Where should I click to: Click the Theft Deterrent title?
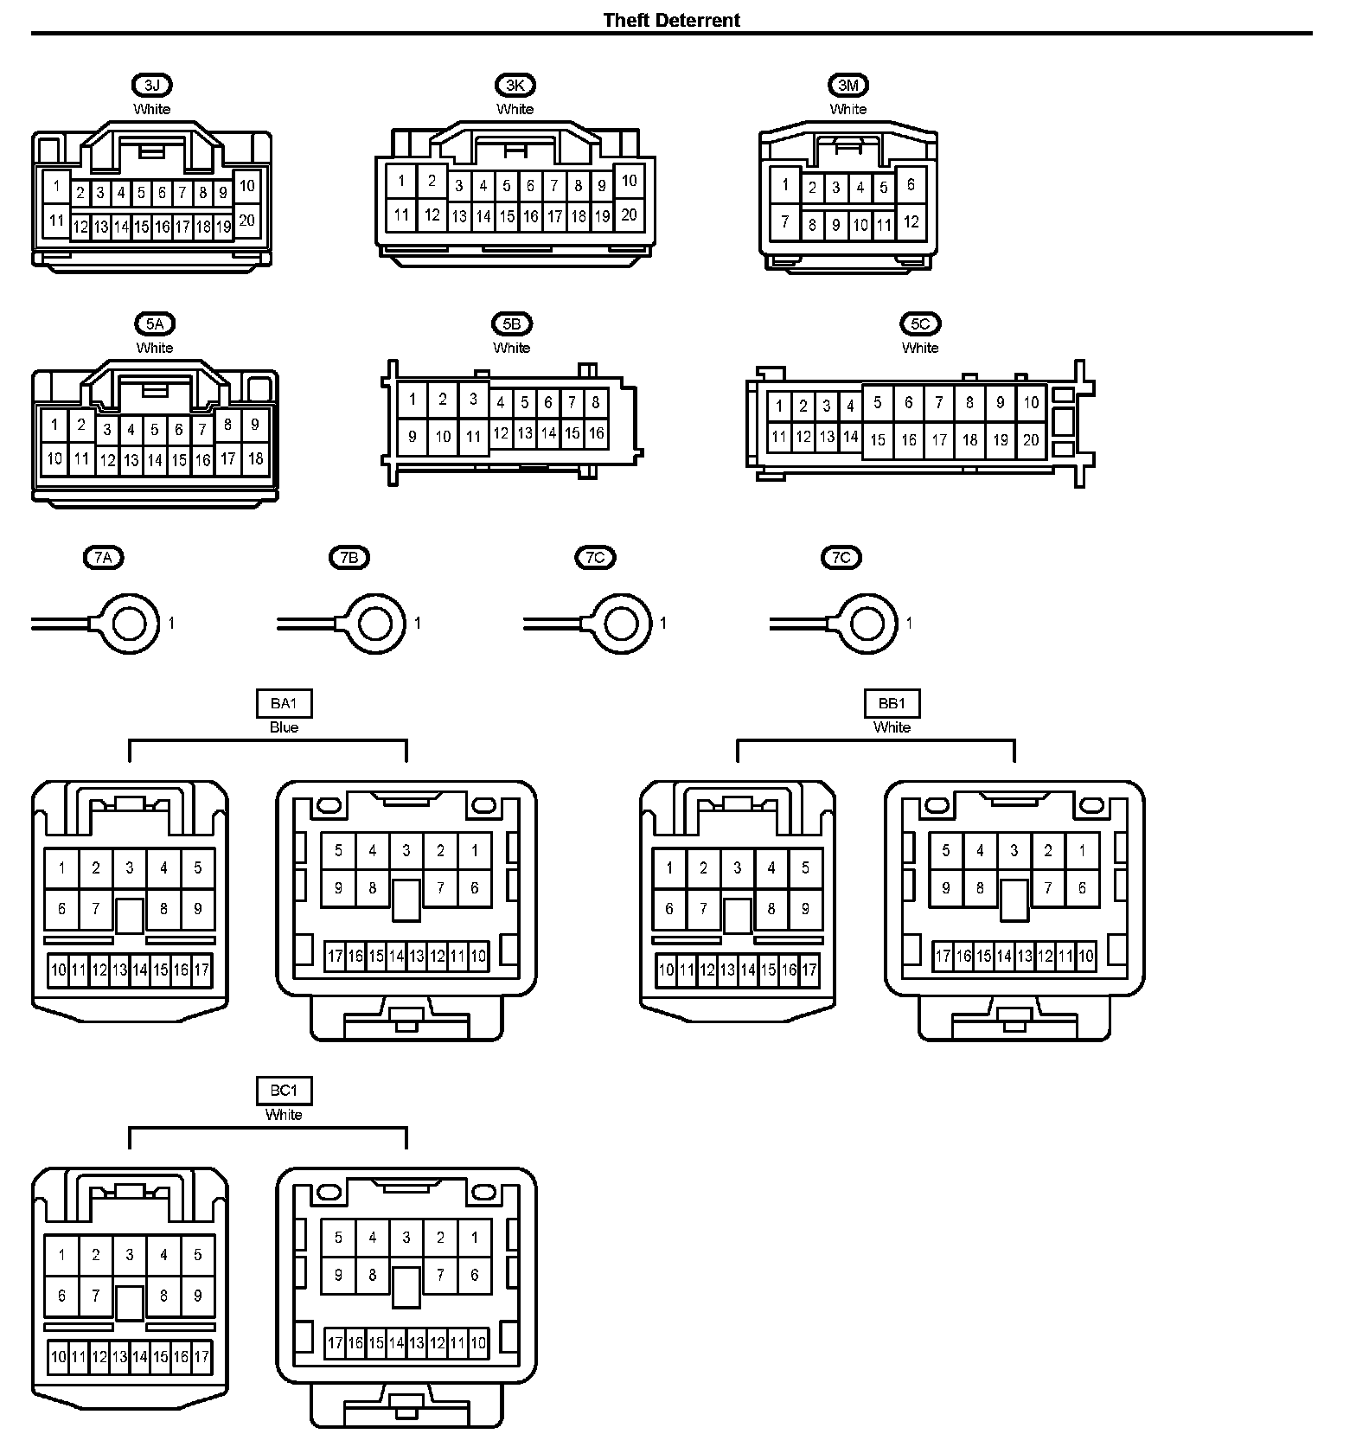click(671, 20)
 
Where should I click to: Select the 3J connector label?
click(152, 85)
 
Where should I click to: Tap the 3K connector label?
click(515, 85)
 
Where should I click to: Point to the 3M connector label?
click(847, 85)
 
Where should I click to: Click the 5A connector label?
click(155, 323)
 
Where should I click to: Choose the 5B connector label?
click(511, 323)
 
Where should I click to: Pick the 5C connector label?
click(919, 323)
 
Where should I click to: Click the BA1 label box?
click(284, 703)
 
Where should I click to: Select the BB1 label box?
click(892, 703)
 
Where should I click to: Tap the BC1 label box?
click(284, 1091)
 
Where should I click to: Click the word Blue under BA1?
click(284, 727)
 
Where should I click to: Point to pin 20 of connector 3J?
click(246, 221)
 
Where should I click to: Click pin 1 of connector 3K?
click(401, 182)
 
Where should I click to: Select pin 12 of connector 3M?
click(911, 221)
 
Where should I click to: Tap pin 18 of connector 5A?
click(255, 458)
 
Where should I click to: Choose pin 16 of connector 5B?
click(596, 433)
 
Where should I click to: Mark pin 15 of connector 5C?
click(878, 440)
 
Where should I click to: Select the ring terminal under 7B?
click(376, 623)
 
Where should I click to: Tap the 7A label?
click(103, 558)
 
